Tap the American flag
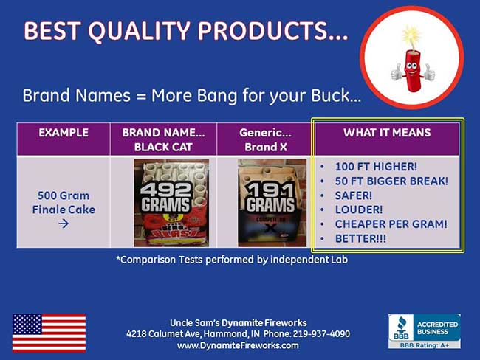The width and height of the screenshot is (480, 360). click(x=49, y=333)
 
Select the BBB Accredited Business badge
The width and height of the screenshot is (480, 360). click(x=424, y=331)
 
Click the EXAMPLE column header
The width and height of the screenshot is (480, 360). click(x=64, y=134)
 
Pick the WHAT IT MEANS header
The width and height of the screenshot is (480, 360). click(x=387, y=134)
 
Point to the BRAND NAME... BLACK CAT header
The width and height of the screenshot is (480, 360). click(x=163, y=139)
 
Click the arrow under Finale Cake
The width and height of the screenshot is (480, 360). click(x=63, y=223)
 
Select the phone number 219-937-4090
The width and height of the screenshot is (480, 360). click(x=320, y=334)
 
